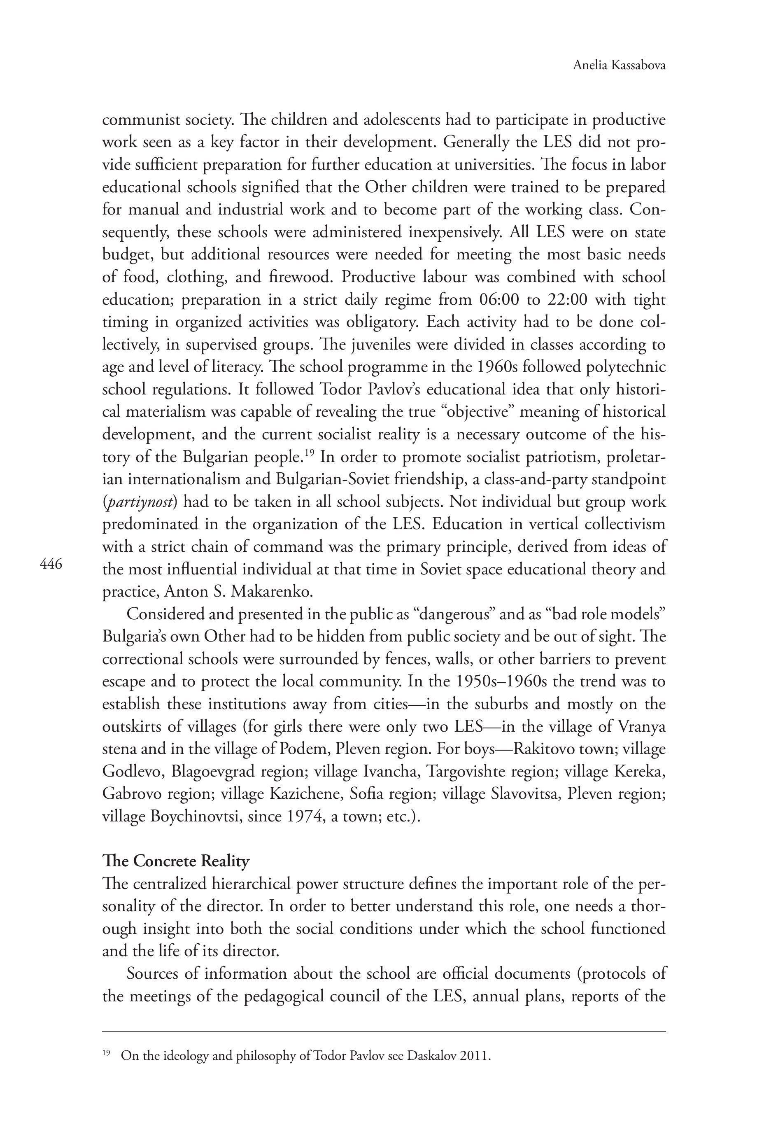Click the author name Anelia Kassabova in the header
pos(619,65)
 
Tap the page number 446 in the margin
pos(51,564)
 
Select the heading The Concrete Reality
pos(176,861)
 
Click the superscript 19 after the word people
pos(309,453)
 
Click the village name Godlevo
pos(132,771)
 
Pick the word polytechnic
pos(620,367)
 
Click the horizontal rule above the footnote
pos(384,1032)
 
